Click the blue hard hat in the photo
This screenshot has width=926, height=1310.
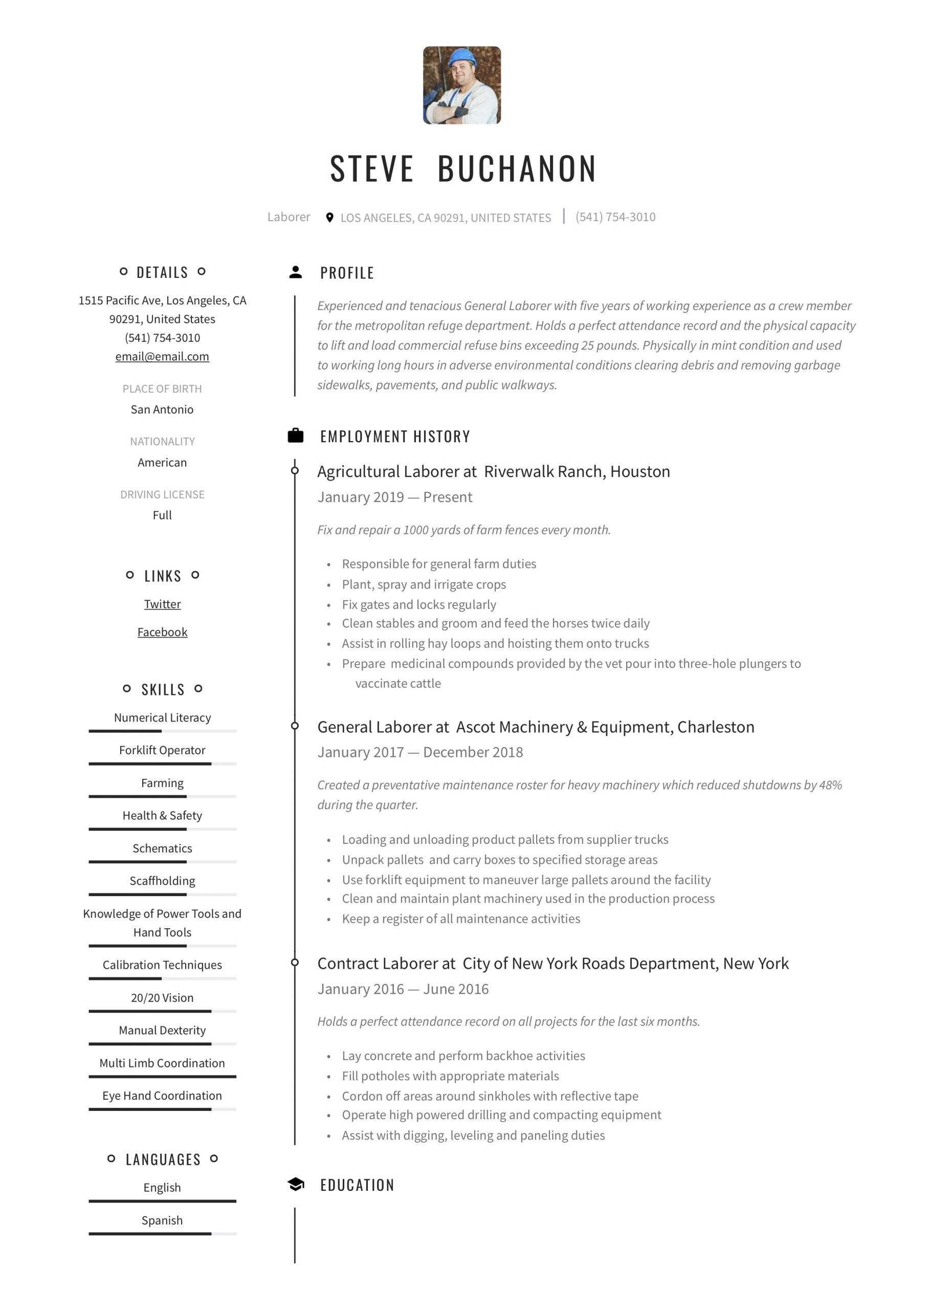point(461,58)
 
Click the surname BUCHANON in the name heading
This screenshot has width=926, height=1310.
point(517,169)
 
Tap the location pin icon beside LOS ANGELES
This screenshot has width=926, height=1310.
point(329,217)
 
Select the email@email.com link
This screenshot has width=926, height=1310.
point(162,357)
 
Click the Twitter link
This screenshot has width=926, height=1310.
point(162,604)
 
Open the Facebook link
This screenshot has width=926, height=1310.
point(162,631)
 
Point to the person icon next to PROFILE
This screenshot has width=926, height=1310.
point(296,272)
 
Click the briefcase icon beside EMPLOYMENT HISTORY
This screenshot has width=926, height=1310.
point(296,436)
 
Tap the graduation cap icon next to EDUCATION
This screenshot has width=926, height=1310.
point(296,1185)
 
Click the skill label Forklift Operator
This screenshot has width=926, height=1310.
point(162,750)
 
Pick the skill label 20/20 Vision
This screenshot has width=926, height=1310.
point(162,997)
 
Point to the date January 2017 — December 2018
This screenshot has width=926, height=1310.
point(420,752)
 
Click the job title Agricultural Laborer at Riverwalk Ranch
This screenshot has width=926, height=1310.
point(494,471)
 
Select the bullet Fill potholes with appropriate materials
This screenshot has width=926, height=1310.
point(450,1076)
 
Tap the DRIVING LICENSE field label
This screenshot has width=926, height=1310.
point(162,494)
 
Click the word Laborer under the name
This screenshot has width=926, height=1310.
point(289,217)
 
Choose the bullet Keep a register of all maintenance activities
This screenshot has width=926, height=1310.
point(461,919)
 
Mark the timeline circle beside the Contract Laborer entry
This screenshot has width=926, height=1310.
point(295,963)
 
